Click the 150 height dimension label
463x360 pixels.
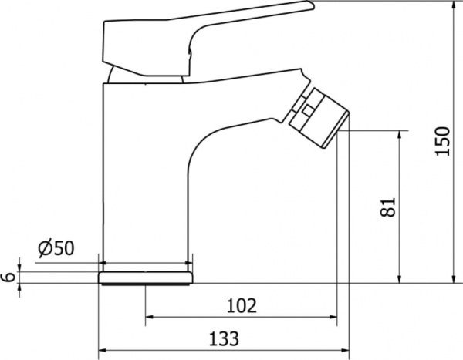pyautogui.click(x=443, y=141)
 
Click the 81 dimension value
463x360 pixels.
pyautogui.click(x=387, y=207)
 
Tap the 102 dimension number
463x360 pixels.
pyautogui.click(x=242, y=305)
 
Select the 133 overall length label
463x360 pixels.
pyautogui.click(x=224, y=338)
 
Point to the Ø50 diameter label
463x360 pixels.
pyautogui.click(x=56, y=248)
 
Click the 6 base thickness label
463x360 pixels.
pyautogui.click(x=8, y=277)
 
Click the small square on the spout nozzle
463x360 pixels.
pyautogui.click(x=307, y=111)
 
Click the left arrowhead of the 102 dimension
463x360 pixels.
pyautogui.click(x=150, y=317)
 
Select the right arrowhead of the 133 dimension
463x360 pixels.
pyautogui.click(x=345, y=350)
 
